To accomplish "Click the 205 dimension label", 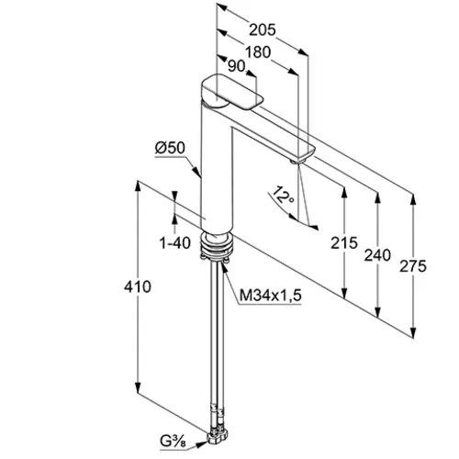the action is (263, 30).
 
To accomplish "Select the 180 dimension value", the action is (258, 52).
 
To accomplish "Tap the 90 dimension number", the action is (237, 66).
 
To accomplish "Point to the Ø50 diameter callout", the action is (170, 148).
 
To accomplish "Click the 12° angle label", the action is (283, 195).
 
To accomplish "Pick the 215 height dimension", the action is (344, 243).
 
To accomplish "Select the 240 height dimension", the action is (377, 255).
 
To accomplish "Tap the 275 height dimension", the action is (413, 266).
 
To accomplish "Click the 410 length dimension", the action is (138, 286).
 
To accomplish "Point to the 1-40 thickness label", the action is (175, 243).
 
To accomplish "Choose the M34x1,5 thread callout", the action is (271, 296).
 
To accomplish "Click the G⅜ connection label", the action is (173, 442).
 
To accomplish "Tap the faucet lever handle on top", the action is (232, 92).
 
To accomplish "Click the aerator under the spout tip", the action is (297, 161).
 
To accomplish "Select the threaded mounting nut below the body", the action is (217, 246).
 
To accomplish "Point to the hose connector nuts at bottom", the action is (218, 436).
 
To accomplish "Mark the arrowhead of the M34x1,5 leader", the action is (224, 265).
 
